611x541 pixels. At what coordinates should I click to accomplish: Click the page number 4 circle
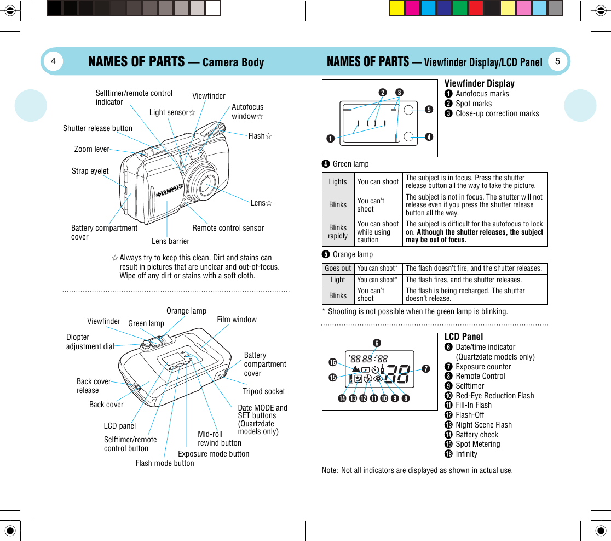pyautogui.click(x=53, y=61)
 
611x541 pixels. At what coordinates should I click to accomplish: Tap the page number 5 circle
pyautogui.click(x=557, y=61)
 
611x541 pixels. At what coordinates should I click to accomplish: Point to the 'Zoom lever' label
pyautogui.click(x=92, y=149)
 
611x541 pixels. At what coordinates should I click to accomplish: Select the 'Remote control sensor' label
pyautogui.click(x=228, y=228)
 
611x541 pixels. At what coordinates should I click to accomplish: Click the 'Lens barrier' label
pyautogui.click(x=170, y=241)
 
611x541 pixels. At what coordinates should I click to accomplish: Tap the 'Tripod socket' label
pyautogui.click(x=264, y=391)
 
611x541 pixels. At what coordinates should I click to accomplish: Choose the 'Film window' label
pyautogui.click(x=237, y=320)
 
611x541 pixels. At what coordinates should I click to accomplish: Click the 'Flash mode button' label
pyautogui.click(x=165, y=463)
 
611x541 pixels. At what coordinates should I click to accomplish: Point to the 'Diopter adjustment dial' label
pyautogui.click(x=90, y=341)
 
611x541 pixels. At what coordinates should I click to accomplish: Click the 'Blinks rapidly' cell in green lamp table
pyautogui.click(x=338, y=232)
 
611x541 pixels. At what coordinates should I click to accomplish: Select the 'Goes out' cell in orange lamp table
pyautogui.click(x=338, y=269)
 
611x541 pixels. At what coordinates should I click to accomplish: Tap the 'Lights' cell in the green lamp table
pyautogui.click(x=338, y=182)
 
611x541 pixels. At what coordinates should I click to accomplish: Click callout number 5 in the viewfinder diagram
pyautogui.click(x=429, y=110)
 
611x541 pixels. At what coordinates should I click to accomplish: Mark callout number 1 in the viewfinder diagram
pyautogui.click(x=330, y=138)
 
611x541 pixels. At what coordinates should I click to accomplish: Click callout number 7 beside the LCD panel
pyautogui.click(x=425, y=368)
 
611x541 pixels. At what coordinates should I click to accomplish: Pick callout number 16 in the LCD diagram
pyautogui.click(x=332, y=362)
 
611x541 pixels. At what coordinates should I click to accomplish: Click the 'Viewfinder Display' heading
pyautogui.click(x=479, y=83)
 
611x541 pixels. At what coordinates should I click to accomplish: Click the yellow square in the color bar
pyautogui.click(x=396, y=8)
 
